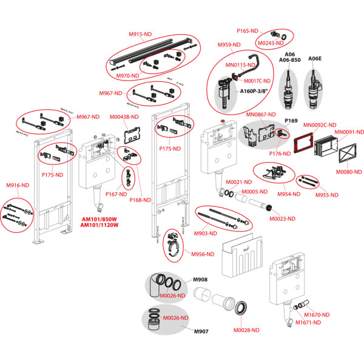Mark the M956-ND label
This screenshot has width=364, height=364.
[201, 254]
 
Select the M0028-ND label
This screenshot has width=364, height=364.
[248, 330]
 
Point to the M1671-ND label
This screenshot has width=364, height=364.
[308, 323]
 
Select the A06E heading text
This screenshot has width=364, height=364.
[315, 59]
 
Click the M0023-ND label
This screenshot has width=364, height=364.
[283, 218]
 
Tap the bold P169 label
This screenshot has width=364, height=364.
[292, 121]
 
